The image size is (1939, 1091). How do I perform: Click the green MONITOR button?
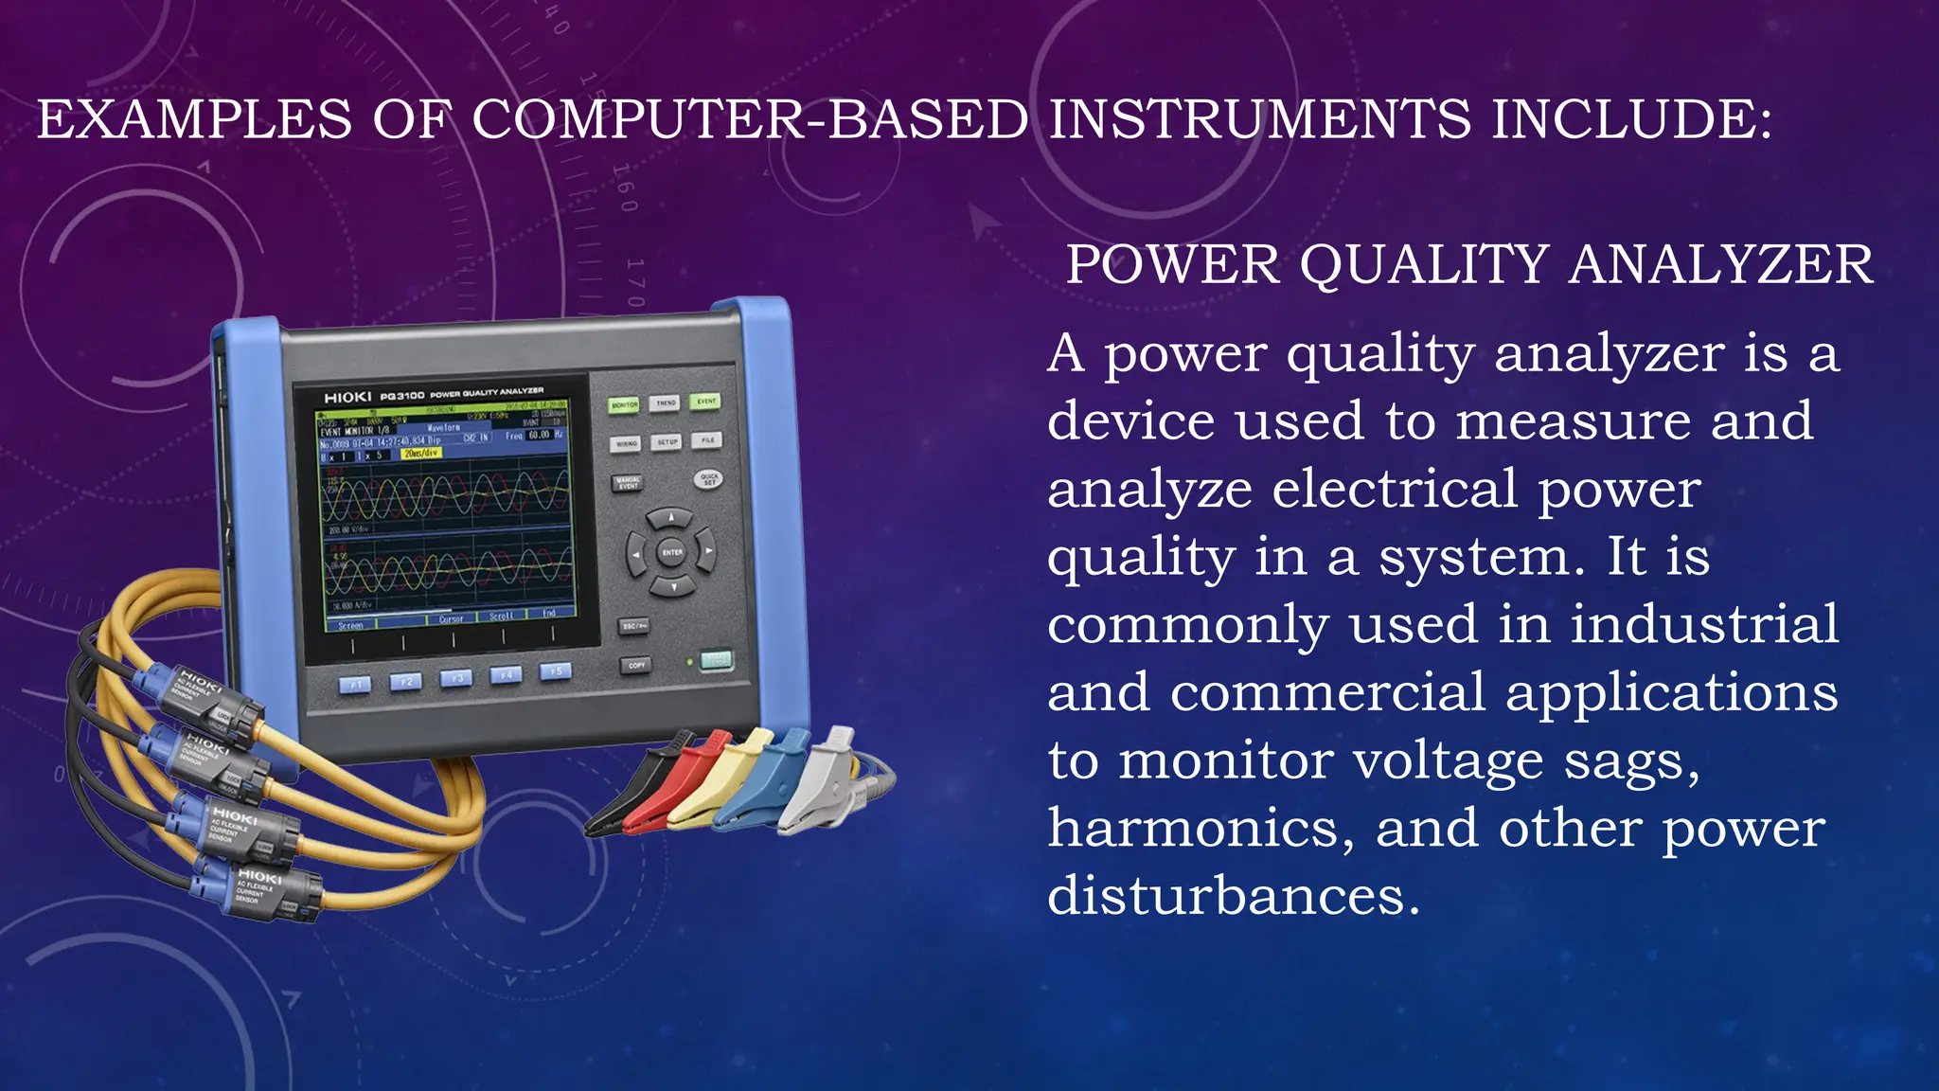(624, 405)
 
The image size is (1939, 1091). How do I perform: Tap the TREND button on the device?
(666, 403)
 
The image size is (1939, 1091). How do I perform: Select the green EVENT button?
(705, 402)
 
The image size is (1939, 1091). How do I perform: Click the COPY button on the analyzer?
(636, 665)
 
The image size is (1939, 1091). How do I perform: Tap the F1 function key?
(355, 684)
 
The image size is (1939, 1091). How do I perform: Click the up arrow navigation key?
(671, 518)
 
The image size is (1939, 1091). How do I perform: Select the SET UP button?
(667, 442)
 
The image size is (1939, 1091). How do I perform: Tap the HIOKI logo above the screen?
(347, 398)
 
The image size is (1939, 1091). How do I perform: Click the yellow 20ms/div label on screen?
(420, 454)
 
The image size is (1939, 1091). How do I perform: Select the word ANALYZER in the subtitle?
(1720, 264)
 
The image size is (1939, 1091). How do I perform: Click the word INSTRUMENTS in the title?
(1259, 120)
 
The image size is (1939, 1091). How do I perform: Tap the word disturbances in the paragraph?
(1233, 896)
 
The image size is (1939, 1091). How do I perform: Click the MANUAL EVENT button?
(628, 483)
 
